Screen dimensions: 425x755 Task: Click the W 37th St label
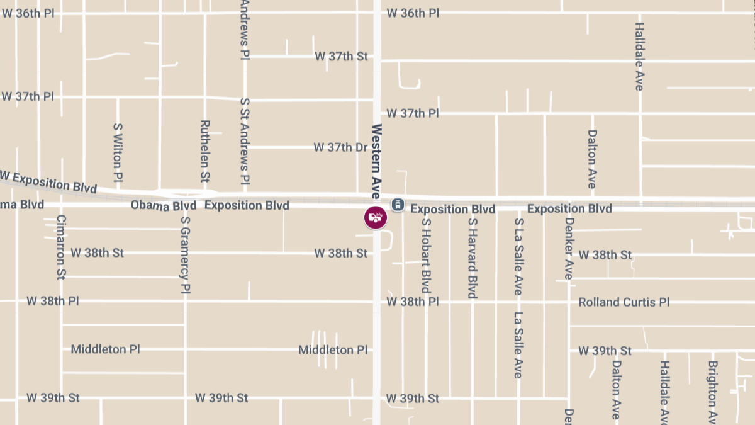pos(341,57)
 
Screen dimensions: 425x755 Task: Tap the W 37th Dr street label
pos(340,147)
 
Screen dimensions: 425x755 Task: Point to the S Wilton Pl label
pos(118,153)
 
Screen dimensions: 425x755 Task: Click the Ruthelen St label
pos(204,151)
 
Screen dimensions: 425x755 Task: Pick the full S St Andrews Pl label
pos(245,141)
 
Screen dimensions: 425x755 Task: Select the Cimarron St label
pos(61,247)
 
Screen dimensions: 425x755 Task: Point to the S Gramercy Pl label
pos(185,255)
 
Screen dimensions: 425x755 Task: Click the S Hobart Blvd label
pos(426,255)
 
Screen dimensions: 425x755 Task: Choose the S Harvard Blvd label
pos(472,258)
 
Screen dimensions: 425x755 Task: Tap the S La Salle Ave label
pos(518,257)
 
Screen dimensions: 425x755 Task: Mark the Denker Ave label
pos(569,249)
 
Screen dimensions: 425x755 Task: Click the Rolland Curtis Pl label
pos(624,302)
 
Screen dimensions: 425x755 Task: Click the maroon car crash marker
pos(376,217)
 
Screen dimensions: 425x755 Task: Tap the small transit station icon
pos(397,204)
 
